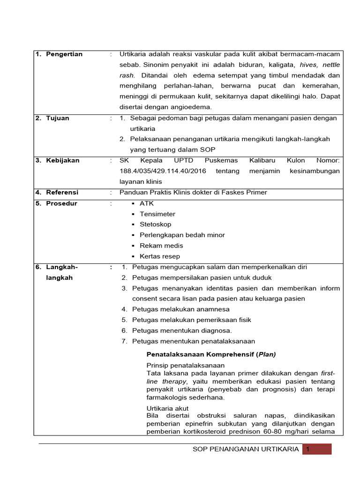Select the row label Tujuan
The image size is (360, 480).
[57, 118]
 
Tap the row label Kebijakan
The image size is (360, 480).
[62, 160]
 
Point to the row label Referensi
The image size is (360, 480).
[62, 192]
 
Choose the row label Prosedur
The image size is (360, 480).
[61, 203]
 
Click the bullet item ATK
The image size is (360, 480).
[146, 203]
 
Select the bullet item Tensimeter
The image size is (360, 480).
[157, 214]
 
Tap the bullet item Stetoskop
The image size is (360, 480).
[155, 225]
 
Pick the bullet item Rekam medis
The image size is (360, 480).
[161, 246]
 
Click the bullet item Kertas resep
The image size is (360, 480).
[159, 256]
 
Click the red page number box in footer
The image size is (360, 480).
[317, 449]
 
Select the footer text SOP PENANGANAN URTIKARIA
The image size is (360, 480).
[246, 449]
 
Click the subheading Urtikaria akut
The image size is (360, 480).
[167, 408]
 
